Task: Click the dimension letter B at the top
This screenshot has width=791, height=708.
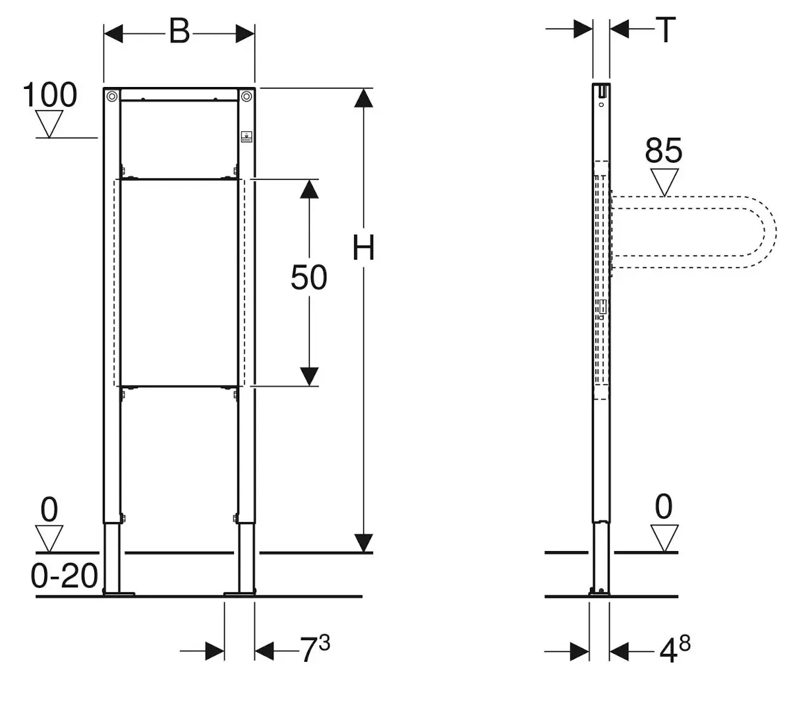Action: (x=179, y=31)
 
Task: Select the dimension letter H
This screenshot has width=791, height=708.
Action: (x=363, y=249)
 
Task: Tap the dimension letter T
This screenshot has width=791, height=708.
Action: (x=666, y=30)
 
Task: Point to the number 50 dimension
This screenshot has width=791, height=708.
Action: (x=308, y=278)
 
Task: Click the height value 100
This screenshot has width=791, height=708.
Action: (x=50, y=95)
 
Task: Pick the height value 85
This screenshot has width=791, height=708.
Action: (x=663, y=151)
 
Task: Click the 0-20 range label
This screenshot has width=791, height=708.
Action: (x=64, y=577)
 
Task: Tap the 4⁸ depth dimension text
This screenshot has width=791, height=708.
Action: (x=674, y=650)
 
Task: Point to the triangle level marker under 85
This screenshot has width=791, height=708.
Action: (x=664, y=182)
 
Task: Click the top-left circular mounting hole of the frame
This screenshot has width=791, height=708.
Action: (x=111, y=96)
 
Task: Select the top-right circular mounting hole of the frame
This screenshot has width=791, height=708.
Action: (x=247, y=96)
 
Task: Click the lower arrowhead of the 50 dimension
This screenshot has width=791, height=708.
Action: (x=309, y=376)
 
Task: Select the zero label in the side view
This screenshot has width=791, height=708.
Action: (x=663, y=508)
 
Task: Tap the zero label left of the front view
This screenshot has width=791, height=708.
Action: (x=49, y=510)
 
